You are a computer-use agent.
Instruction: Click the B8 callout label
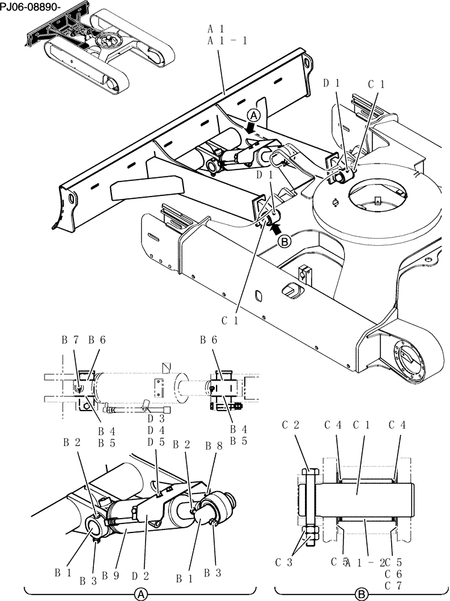point(212,447)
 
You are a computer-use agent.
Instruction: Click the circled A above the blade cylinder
point(254,115)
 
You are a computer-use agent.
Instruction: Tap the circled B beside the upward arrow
point(285,242)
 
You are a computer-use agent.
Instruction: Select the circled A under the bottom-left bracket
point(140,594)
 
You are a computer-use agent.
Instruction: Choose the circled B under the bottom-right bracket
point(361,594)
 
